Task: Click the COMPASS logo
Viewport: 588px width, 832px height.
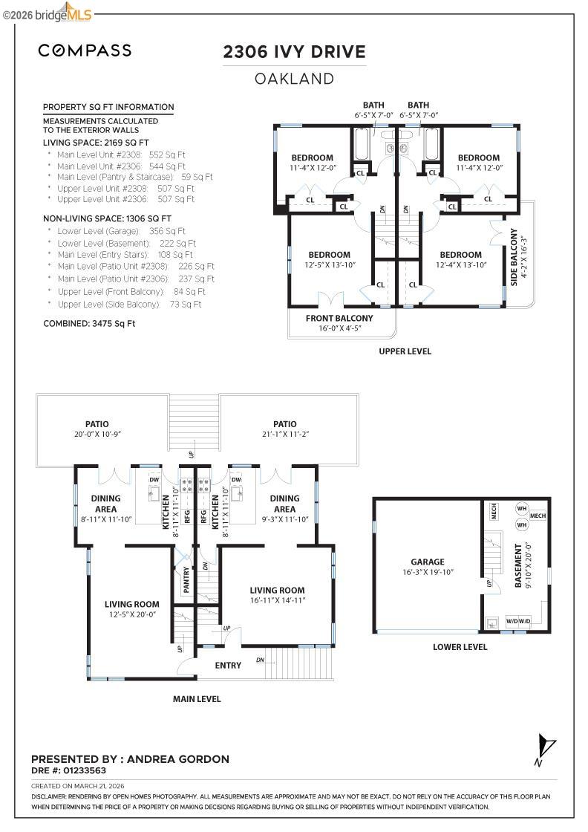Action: click(85, 51)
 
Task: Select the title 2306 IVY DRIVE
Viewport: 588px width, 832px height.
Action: click(294, 52)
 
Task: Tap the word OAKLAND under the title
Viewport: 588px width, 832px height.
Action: click(294, 79)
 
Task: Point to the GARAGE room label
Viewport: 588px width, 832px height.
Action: click(428, 562)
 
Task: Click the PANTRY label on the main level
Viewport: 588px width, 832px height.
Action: click(186, 579)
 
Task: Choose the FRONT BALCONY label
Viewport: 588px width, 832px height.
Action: click(339, 318)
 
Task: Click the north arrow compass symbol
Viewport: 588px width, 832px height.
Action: click(546, 747)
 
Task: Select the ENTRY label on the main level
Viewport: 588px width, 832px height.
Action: click(228, 665)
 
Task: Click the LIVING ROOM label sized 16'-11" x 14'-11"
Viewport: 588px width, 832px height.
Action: click(278, 590)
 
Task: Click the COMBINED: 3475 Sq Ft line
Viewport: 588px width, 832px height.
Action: click(89, 323)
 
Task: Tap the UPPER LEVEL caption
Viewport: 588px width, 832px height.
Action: click(405, 351)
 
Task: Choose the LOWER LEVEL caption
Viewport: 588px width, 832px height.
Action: click(460, 647)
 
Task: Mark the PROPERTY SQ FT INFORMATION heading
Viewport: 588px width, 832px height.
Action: click(108, 107)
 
